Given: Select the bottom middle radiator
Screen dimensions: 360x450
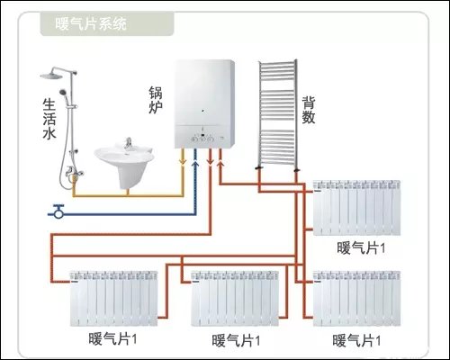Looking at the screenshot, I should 236,294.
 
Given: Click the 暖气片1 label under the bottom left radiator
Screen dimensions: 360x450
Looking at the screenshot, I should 114,339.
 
